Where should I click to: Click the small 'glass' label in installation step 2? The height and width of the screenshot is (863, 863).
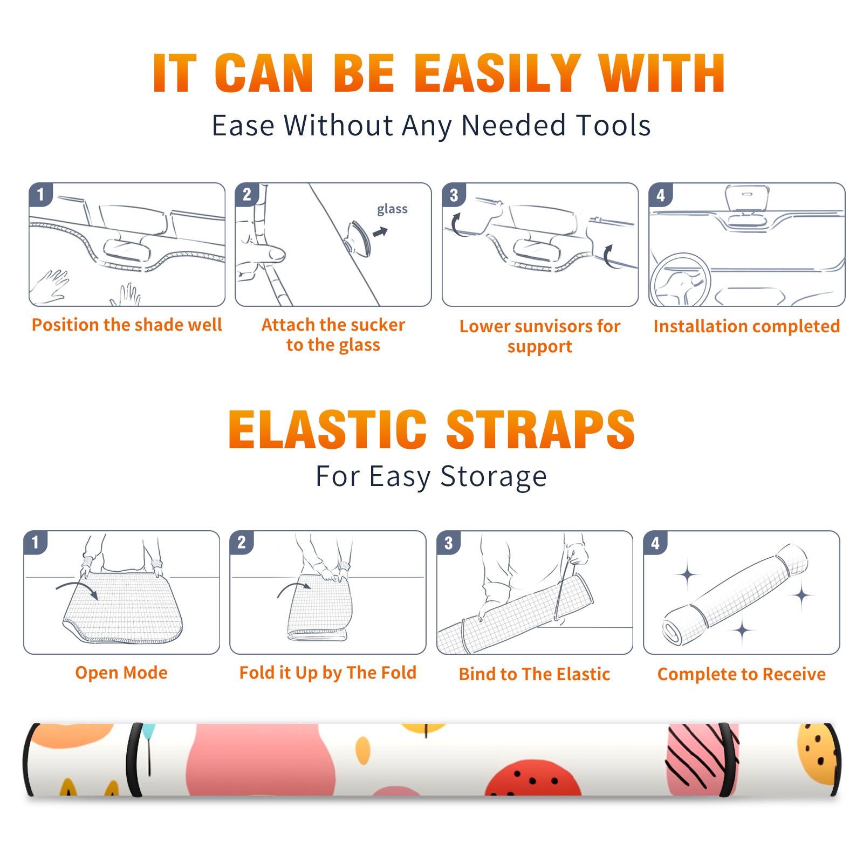click(392, 209)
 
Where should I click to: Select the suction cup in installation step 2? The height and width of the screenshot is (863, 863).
click(358, 238)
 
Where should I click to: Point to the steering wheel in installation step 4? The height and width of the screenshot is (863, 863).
click(680, 281)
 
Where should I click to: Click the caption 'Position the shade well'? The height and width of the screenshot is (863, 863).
click(127, 325)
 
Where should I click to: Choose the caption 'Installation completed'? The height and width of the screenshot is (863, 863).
click(746, 326)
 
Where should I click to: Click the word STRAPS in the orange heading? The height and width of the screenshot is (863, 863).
click(540, 429)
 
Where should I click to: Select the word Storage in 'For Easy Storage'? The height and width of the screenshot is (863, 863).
click(494, 477)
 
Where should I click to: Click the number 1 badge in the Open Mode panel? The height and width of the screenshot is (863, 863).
click(36, 542)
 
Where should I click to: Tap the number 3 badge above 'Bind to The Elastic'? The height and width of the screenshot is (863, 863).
click(449, 543)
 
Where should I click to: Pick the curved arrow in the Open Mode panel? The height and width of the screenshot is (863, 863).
click(78, 589)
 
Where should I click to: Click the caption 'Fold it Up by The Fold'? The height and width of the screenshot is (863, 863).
click(328, 673)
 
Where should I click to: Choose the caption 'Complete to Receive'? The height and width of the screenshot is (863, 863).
click(742, 674)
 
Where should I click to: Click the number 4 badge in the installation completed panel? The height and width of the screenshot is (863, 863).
click(661, 195)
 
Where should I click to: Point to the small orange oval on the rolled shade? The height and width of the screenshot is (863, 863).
click(363, 750)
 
